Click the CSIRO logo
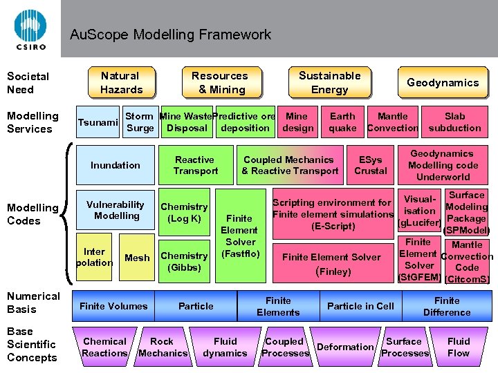[29, 29]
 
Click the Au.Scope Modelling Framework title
[170, 35]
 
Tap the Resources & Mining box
[219, 82]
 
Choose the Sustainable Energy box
[329, 82]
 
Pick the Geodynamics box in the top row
[443, 82]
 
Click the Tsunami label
[98, 122]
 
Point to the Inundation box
[116, 165]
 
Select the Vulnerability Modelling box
[116, 210]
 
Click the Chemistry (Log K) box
[184, 212]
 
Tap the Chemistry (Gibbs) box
[184, 261]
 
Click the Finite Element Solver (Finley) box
[331, 264]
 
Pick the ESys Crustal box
[371, 165]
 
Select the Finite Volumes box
[114, 306]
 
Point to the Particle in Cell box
[360, 306]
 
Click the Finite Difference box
[447, 306]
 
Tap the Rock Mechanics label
[163, 347]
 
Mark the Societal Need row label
[28, 83]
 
